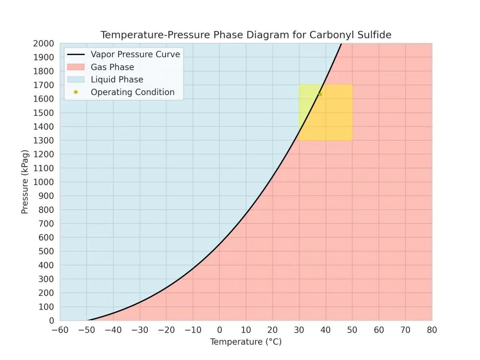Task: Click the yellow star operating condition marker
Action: click(320, 94)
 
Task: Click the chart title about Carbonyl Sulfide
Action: click(246, 35)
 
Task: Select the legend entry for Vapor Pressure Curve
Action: click(135, 54)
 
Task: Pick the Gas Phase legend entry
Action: click(112, 67)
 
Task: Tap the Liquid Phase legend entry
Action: click(117, 80)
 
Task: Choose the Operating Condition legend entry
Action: click(132, 92)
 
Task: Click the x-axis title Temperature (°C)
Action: click(246, 342)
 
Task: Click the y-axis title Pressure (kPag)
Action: click(25, 182)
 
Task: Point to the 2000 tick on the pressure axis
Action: click(45, 44)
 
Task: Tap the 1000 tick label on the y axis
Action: click(45, 182)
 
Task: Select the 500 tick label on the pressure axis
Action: click(47, 252)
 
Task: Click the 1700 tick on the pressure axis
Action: click(45, 85)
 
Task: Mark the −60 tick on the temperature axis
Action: click(60, 330)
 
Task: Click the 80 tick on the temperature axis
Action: click(432, 330)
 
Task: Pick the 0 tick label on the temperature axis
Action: click(219, 330)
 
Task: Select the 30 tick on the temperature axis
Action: click(299, 330)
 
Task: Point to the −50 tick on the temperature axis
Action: click(86, 330)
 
